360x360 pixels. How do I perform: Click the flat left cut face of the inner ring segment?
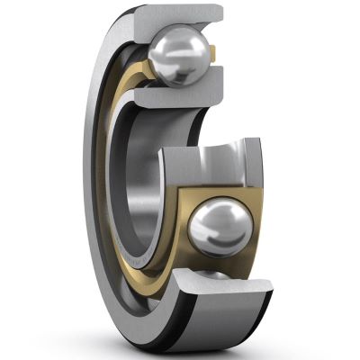coord(171,180)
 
